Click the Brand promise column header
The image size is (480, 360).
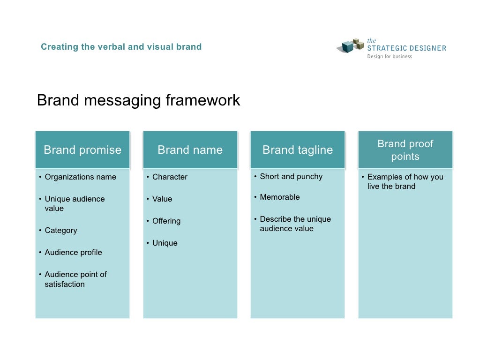point(82,150)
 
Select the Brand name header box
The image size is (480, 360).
point(190,150)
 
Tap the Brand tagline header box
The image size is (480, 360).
point(298,150)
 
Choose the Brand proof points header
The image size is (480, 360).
point(405,150)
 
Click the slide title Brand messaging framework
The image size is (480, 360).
point(138,100)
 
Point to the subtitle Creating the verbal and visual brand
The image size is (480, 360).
point(121,47)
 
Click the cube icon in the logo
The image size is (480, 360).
point(351,46)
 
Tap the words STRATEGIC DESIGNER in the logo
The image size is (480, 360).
point(406,48)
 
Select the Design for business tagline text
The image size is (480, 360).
point(390,57)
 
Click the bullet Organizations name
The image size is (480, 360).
point(80,177)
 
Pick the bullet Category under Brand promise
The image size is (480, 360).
point(61,231)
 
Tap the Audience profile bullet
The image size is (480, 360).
point(73,253)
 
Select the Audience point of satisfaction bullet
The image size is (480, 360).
point(75,279)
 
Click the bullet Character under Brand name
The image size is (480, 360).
point(170,177)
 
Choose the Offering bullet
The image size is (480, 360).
point(166,221)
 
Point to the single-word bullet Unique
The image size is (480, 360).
point(165,243)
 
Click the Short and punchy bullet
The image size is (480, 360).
point(291,177)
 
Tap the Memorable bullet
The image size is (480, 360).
point(280,197)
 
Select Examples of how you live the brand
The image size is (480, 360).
point(405,182)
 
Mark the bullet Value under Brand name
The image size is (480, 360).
point(162,199)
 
